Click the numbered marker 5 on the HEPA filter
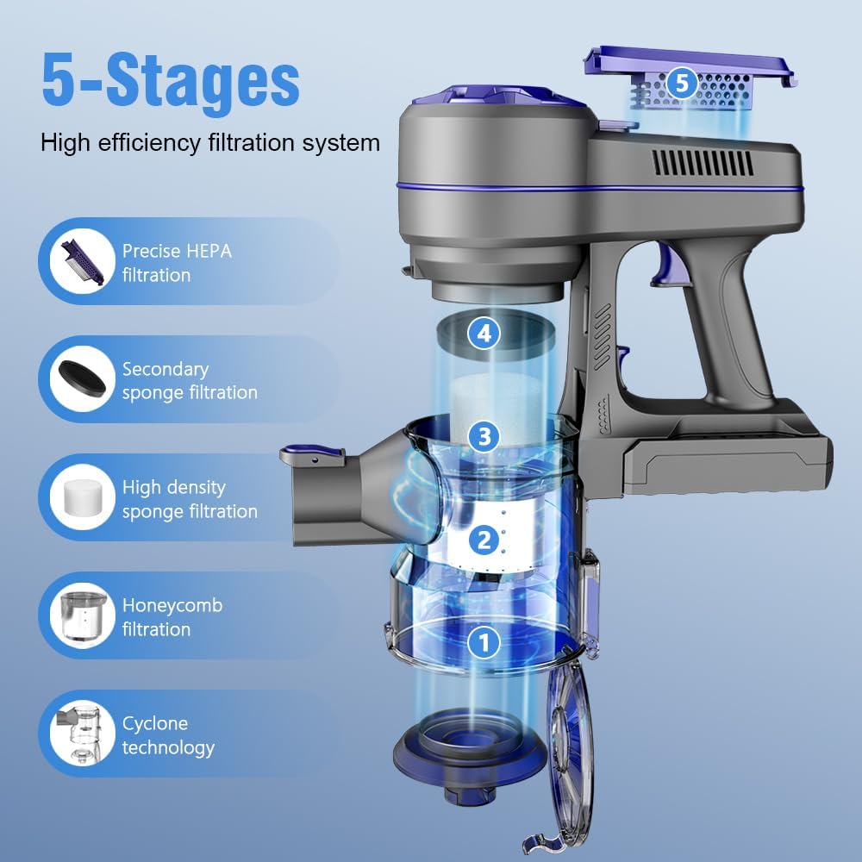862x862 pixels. coord(682,83)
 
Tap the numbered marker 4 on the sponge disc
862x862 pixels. coord(484,333)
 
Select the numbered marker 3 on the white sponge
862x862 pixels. coord(484,436)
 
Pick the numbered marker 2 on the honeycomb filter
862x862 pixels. coord(484,540)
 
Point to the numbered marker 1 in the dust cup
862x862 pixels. coord(484,641)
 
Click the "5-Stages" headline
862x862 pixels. coord(170,79)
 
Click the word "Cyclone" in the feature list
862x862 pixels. coord(154,723)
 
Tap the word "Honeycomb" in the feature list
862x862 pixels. coord(172,605)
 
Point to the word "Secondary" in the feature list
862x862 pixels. coord(166,369)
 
